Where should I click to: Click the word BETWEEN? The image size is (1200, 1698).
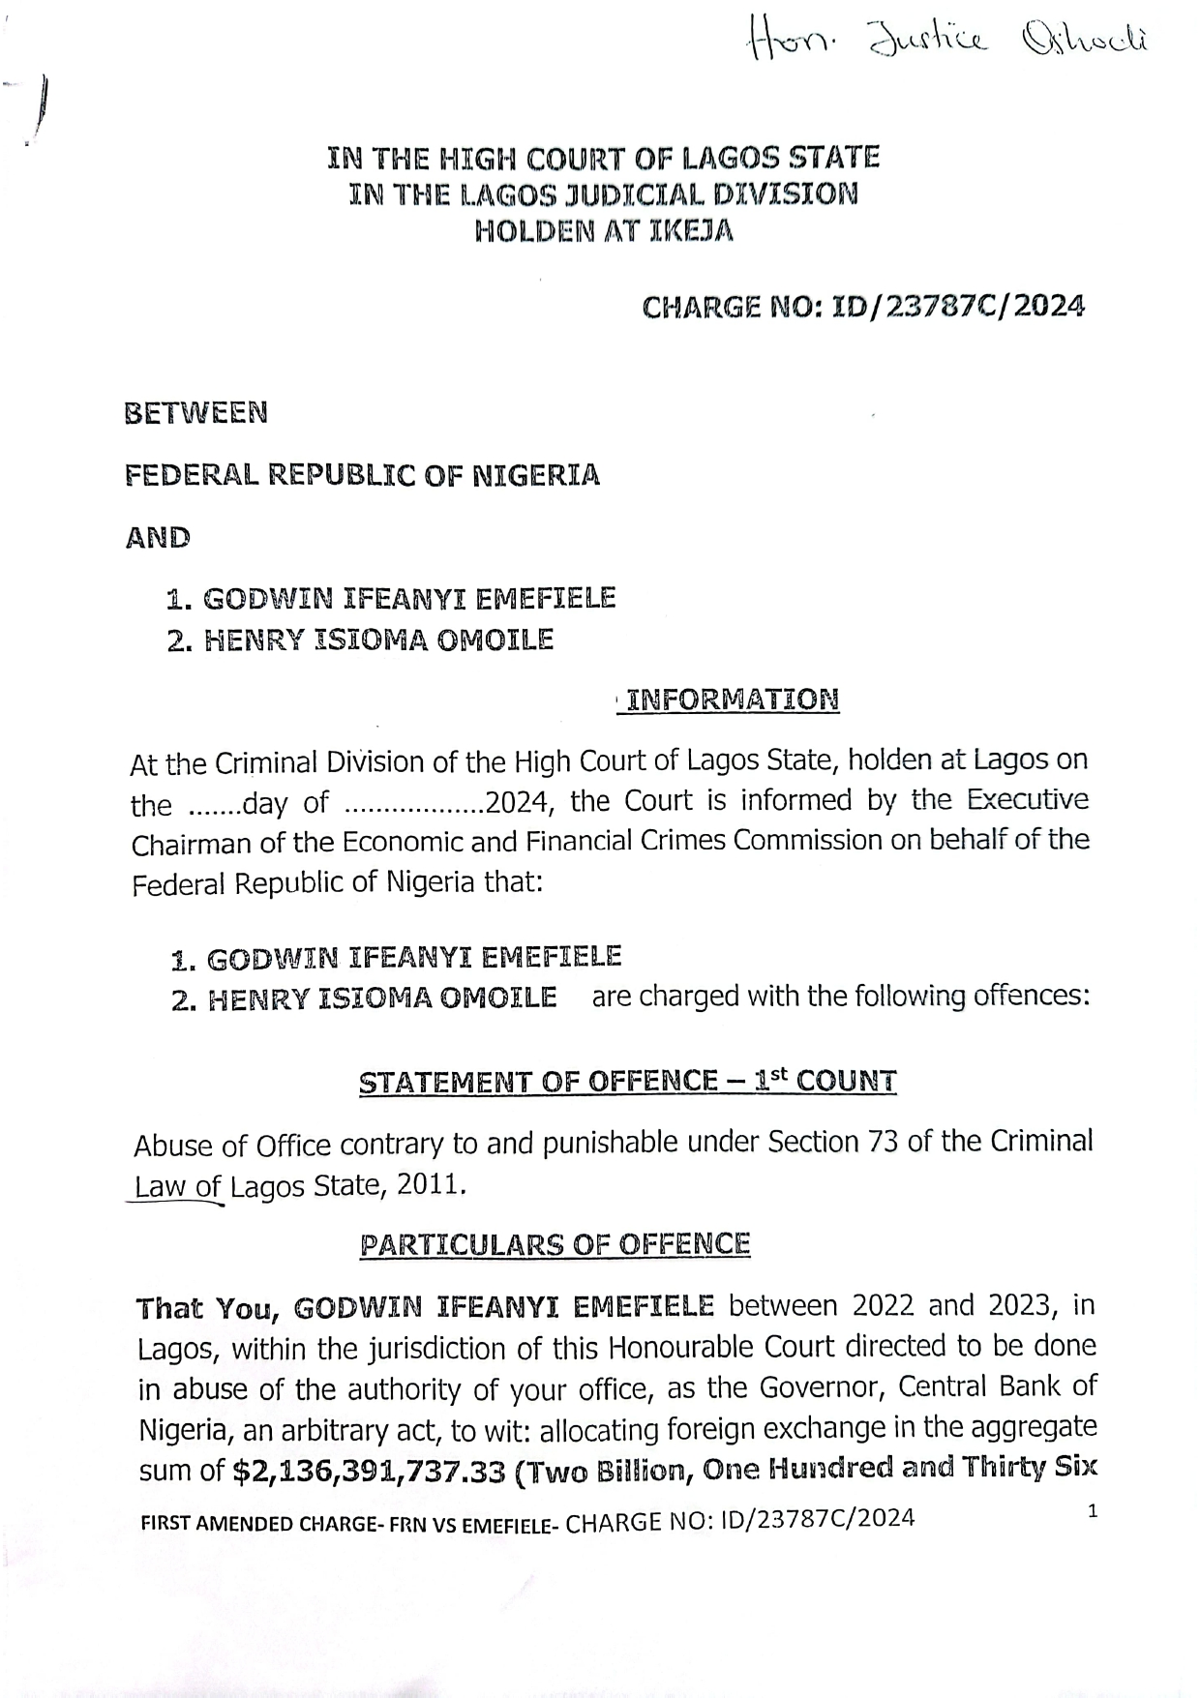(196, 413)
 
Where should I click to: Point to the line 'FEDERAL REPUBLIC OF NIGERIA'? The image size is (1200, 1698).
(363, 475)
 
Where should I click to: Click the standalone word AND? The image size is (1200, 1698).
(158, 537)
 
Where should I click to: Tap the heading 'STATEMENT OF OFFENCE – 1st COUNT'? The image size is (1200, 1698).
(627, 1081)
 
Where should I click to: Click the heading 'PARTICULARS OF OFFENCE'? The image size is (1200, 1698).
(555, 1244)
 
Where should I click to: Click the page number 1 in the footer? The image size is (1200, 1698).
(1093, 1510)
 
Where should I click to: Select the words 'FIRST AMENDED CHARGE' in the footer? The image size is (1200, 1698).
(259, 1523)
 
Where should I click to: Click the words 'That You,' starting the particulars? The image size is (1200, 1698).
(208, 1309)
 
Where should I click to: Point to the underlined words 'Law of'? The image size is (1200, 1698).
(177, 1187)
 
